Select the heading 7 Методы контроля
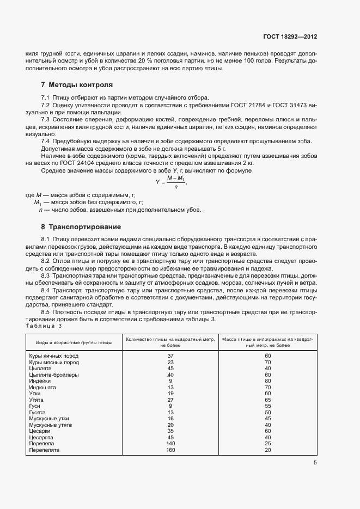click(x=77, y=85)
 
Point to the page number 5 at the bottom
click(x=315, y=463)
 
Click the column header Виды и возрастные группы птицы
click(x=74, y=342)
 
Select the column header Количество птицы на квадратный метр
click(x=170, y=342)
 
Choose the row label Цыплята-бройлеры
click(x=54, y=375)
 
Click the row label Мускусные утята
click(x=53, y=425)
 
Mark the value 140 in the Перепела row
click(x=170, y=444)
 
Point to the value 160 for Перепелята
click(x=170, y=450)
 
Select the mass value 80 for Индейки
click(x=267, y=381)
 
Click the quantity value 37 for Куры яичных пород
click(x=170, y=355)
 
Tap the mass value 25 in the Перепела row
click(x=267, y=444)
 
